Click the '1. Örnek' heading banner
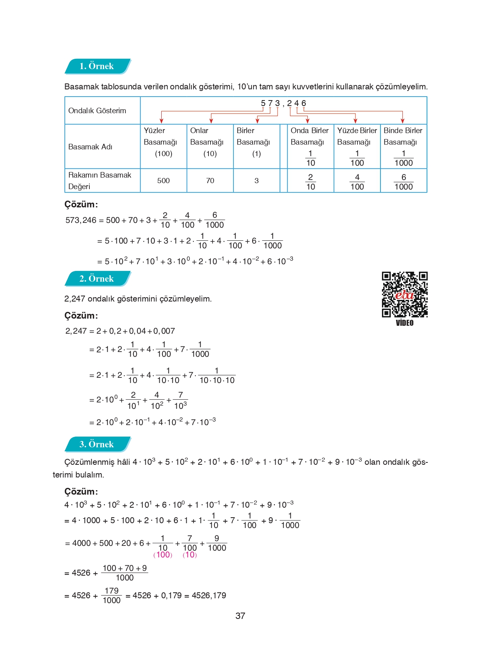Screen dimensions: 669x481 coord(97,66)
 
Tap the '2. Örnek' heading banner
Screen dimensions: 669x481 coord(97,278)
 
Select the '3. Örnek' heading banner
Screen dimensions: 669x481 coord(97,444)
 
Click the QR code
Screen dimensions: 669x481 coord(404,294)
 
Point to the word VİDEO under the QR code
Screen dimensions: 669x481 coord(404,323)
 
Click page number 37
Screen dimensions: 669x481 coord(240,616)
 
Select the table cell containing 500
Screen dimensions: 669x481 coord(163,181)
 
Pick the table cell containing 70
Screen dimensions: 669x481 coord(210,181)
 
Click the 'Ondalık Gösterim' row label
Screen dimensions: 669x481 coord(97,111)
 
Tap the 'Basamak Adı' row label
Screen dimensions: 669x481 coord(91,147)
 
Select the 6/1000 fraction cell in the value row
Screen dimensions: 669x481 coord(403,182)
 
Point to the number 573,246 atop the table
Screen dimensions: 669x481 coord(283,103)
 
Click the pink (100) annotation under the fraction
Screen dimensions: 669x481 coord(163,555)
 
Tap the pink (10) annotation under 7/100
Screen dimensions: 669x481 coord(189,555)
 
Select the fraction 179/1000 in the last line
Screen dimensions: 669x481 coord(112,596)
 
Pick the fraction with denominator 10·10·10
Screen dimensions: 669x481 coord(217,375)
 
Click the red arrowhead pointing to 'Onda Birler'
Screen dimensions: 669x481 coord(307,120)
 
